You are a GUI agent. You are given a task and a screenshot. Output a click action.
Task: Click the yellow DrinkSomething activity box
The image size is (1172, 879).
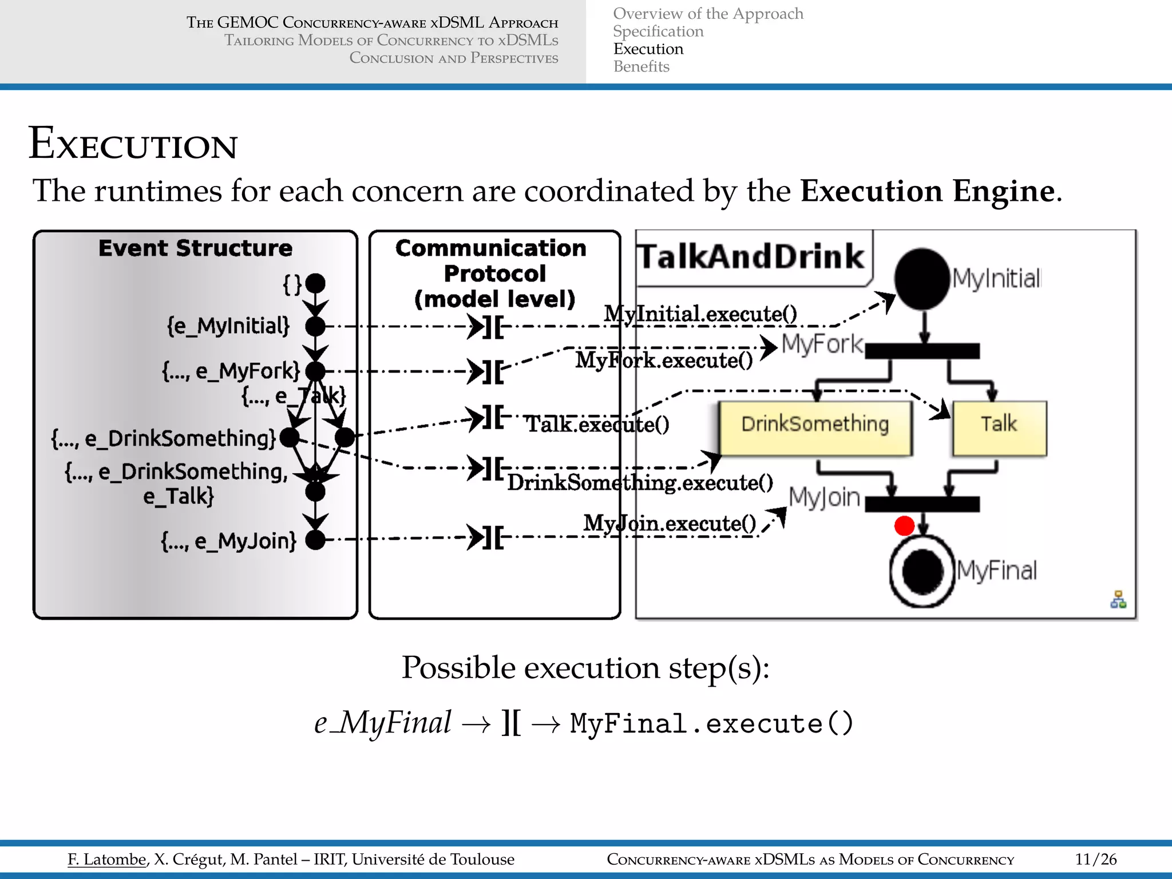815,428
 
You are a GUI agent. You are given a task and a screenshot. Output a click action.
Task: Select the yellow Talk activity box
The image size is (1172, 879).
999,428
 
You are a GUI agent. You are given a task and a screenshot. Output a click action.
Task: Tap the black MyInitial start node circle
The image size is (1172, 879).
922,279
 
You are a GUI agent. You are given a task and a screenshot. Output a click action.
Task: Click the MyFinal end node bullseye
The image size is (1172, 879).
922,571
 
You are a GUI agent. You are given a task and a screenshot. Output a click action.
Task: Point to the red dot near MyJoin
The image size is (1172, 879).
904,525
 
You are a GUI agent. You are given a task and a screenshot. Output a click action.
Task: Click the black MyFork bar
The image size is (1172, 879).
922,351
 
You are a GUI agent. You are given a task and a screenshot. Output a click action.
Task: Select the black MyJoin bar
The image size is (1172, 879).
922,504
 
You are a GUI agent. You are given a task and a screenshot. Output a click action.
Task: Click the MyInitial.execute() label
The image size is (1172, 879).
700,314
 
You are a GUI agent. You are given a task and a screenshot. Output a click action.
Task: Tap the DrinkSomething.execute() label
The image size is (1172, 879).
640,482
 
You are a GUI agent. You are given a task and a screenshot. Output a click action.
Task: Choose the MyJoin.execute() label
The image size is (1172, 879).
670,523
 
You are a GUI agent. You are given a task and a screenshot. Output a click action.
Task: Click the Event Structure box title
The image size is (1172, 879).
195,248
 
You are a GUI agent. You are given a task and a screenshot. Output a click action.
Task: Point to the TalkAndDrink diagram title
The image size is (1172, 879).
751,256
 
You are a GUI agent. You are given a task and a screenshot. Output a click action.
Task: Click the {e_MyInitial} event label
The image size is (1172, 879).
228,326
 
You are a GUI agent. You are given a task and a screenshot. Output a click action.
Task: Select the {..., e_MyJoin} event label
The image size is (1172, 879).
229,540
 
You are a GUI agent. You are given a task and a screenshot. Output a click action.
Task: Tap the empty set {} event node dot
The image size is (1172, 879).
315,283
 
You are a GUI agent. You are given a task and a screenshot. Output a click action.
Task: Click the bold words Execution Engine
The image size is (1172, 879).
927,191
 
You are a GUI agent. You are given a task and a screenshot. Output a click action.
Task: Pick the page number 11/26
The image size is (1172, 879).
1095,859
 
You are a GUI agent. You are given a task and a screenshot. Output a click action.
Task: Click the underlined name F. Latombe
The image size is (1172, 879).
107,859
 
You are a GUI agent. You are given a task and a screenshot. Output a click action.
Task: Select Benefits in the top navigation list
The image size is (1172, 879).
641,67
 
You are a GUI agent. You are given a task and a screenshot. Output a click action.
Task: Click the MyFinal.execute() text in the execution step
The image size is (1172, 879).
712,723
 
